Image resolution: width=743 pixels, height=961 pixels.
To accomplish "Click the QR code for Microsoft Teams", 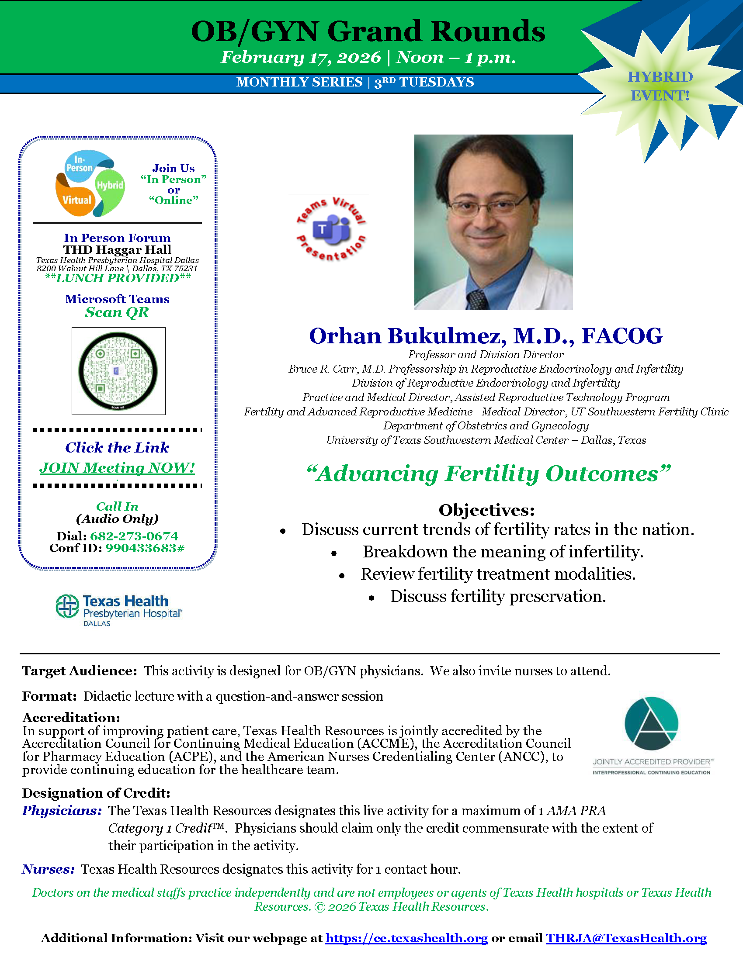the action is [118, 371].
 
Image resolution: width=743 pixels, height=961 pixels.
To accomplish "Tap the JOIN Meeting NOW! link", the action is [117, 467].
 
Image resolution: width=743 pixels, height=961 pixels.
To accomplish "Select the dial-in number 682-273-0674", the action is [134, 536].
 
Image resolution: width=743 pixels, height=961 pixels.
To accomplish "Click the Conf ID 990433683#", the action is [145, 548].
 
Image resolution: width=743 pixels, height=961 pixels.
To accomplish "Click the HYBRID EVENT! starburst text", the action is [660, 86].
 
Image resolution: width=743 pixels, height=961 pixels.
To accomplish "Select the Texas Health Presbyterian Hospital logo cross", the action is [67, 606].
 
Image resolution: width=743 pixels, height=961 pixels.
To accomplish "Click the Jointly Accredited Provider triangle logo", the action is [652, 723].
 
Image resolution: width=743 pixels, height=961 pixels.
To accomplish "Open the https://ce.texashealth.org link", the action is [406, 938].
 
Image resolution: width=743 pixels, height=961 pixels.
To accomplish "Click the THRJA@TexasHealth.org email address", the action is [626, 938].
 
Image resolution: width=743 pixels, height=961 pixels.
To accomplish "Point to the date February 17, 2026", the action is [301, 57].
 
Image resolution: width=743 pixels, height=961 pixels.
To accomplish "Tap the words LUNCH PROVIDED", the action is [118, 278].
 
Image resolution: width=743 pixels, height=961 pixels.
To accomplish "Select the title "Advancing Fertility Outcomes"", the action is [488, 474].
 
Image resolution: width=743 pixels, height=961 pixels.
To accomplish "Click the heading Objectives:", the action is [487, 510].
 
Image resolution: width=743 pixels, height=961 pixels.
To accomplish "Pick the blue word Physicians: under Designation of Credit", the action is [62, 810].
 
